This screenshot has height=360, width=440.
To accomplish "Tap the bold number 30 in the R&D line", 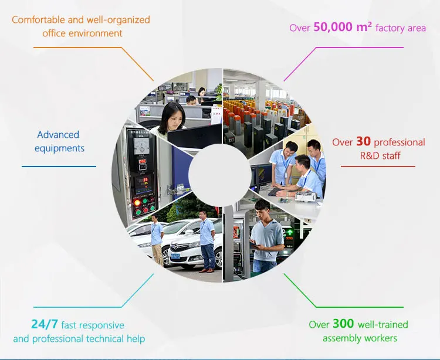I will (363, 142).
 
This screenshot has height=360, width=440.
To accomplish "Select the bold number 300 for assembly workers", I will (343, 324).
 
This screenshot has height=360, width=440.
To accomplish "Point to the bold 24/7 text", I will (45, 324).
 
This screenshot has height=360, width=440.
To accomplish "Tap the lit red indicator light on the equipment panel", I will (137, 202).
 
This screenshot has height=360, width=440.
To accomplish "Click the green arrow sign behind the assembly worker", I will (289, 232).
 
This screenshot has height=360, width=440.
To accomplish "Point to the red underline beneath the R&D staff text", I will (378, 167).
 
